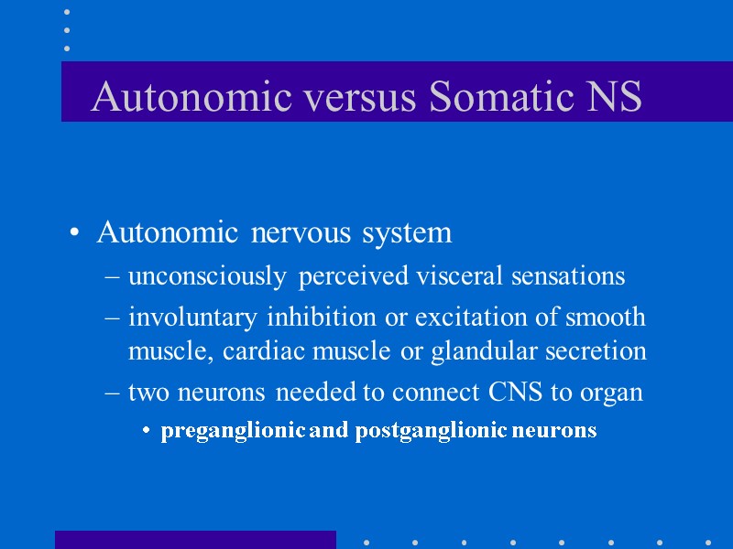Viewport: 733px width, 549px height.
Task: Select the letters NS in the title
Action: click(x=618, y=98)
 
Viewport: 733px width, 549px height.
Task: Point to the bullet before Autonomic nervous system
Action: click(x=73, y=234)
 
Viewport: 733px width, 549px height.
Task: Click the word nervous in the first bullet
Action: click(x=286, y=233)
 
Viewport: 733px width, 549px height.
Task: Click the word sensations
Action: click(x=569, y=276)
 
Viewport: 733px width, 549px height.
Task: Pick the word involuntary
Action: click(x=194, y=318)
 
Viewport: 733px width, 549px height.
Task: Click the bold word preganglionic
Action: click(x=234, y=430)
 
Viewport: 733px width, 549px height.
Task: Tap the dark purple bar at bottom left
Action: click(x=195, y=540)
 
